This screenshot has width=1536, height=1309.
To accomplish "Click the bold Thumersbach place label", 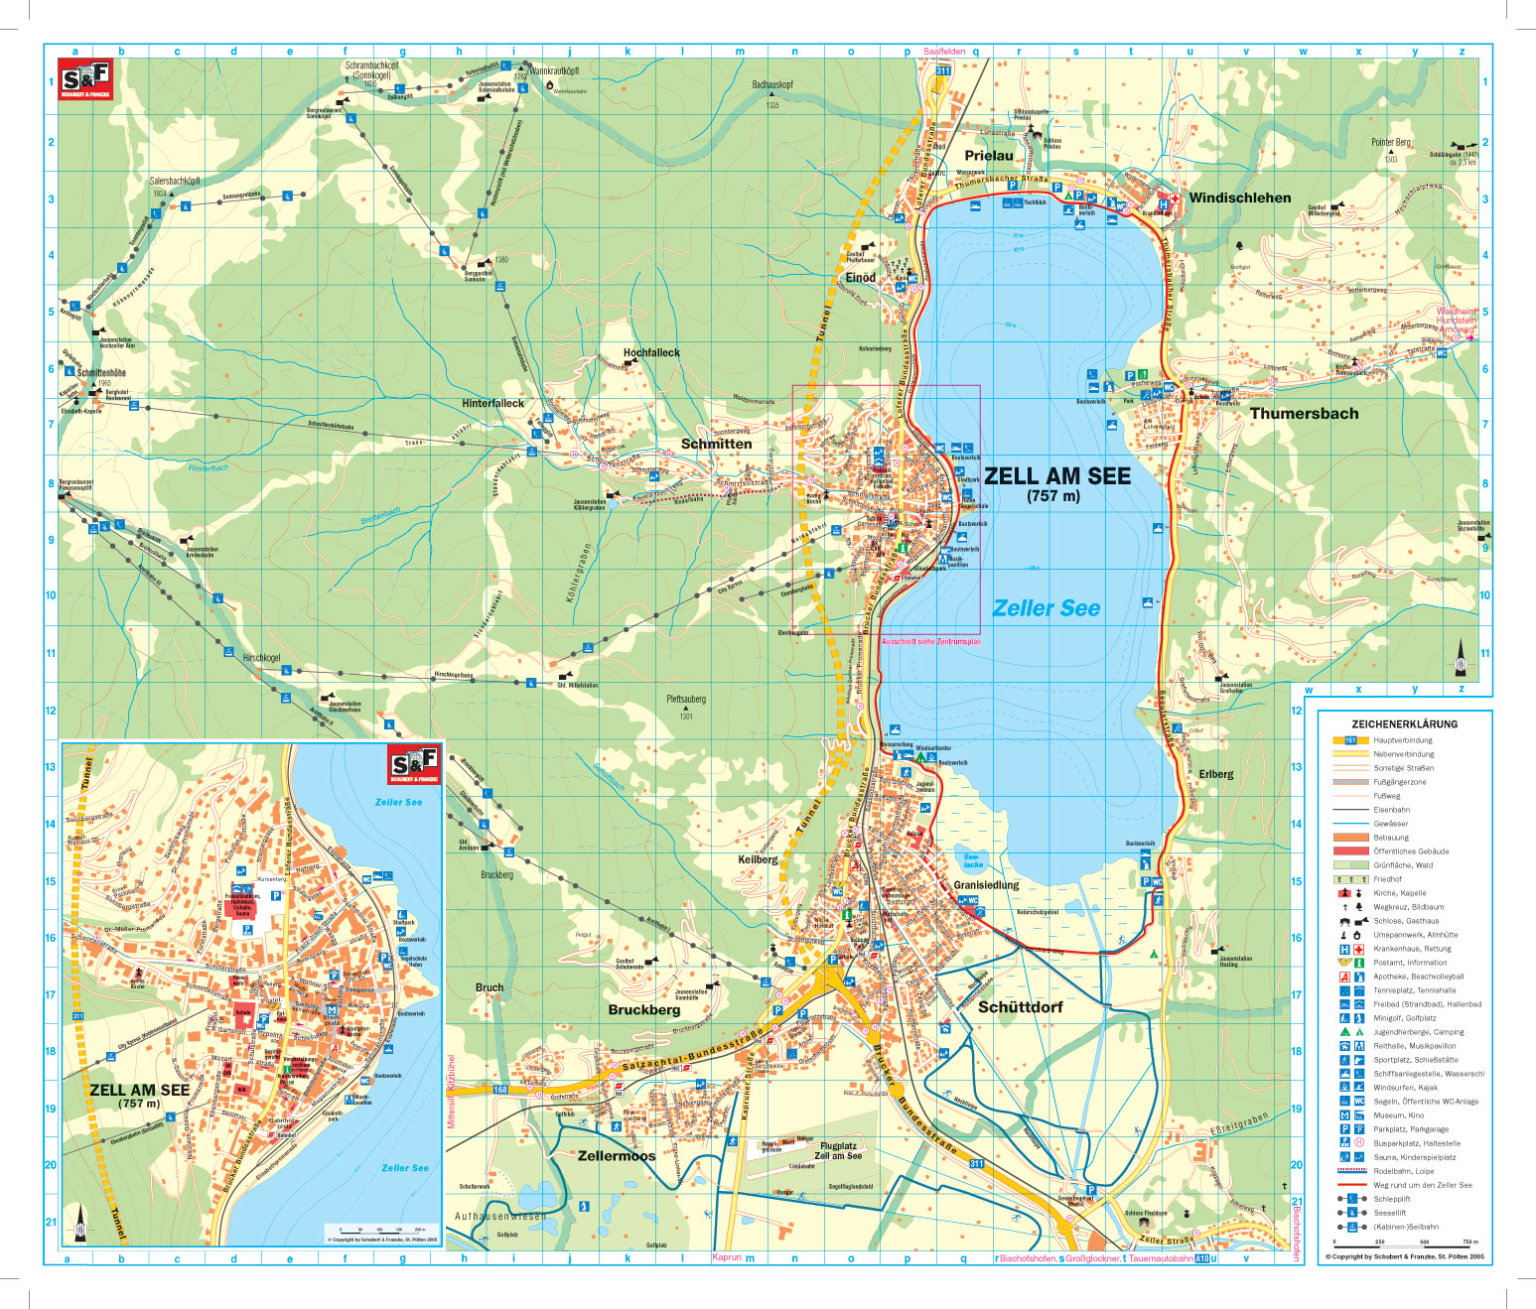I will click(x=1304, y=414).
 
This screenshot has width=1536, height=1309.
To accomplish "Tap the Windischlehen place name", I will click(x=1239, y=197).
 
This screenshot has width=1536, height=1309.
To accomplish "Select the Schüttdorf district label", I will click(x=1020, y=1006).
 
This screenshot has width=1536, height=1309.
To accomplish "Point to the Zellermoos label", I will click(x=617, y=1155).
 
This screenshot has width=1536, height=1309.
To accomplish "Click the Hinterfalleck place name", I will click(x=492, y=403).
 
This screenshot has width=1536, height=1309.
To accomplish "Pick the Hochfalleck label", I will click(x=651, y=352).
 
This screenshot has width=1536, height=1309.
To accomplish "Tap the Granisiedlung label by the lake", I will click(x=986, y=884).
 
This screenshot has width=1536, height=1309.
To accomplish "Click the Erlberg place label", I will click(x=1215, y=774).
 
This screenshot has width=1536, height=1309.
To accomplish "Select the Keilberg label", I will click(x=758, y=859).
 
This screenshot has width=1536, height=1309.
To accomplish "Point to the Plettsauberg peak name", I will click(x=686, y=699).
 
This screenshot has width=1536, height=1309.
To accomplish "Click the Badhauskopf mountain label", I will click(x=772, y=85).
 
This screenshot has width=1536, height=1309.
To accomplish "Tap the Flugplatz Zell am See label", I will click(x=838, y=1150).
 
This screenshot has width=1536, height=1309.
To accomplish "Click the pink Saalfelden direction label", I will click(x=943, y=52).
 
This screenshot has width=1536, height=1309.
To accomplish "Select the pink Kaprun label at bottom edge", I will click(x=727, y=1257).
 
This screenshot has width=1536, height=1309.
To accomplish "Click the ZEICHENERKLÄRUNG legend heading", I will click(x=1404, y=724).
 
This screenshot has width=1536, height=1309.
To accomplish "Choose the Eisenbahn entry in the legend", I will click(x=1391, y=810).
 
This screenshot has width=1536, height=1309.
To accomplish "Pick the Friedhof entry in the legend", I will click(x=1387, y=879).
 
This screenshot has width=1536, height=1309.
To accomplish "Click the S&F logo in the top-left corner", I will click(x=85, y=79).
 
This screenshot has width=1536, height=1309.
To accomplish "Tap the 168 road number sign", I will click(x=500, y=1090).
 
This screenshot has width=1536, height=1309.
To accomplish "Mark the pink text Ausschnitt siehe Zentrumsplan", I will click(x=930, y=642).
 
